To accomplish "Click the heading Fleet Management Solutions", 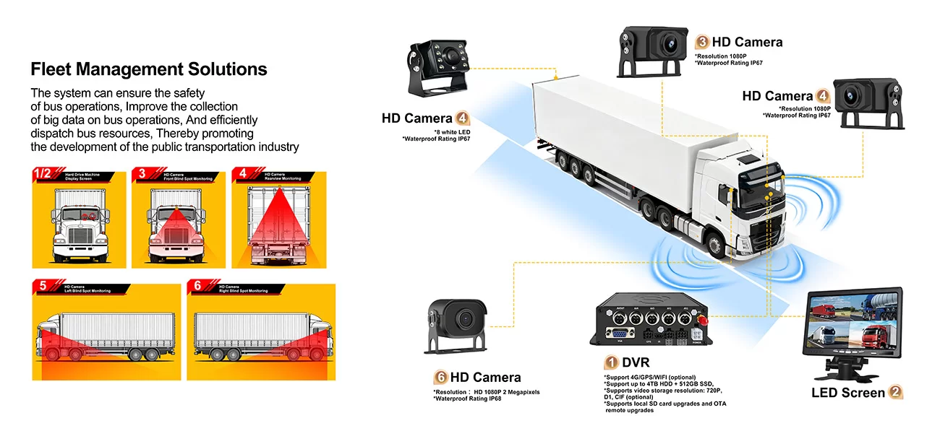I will [148, 70].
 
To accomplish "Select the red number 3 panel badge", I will [142, 174].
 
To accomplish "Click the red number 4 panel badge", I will [242, 174].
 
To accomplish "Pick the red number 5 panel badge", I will [43, 287].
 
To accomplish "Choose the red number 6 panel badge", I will [198, 287].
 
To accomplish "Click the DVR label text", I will [636, 362].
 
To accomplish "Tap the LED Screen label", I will [847, 393].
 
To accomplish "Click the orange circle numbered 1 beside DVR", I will [611, 362].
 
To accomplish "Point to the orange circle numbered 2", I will [895, 393].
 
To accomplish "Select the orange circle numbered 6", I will [440, 378].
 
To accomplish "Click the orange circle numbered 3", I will [701, 42].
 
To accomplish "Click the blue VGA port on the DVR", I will [619, 334].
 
